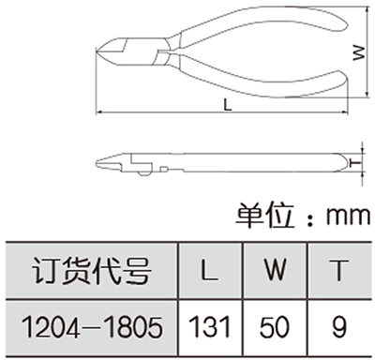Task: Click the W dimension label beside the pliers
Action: tap(359, 52)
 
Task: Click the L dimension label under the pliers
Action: tap(228, 105)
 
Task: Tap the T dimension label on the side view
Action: tap(354, 163)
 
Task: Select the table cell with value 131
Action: tap(210, 327)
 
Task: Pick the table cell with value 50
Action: tap(275, 327)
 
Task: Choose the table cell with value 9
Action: tap(339, 327)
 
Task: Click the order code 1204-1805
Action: tap(92, 327)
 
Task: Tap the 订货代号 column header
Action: tap(92, 270)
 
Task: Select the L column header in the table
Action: tap(209, 270)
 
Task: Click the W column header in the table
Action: tap(275, 270)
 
